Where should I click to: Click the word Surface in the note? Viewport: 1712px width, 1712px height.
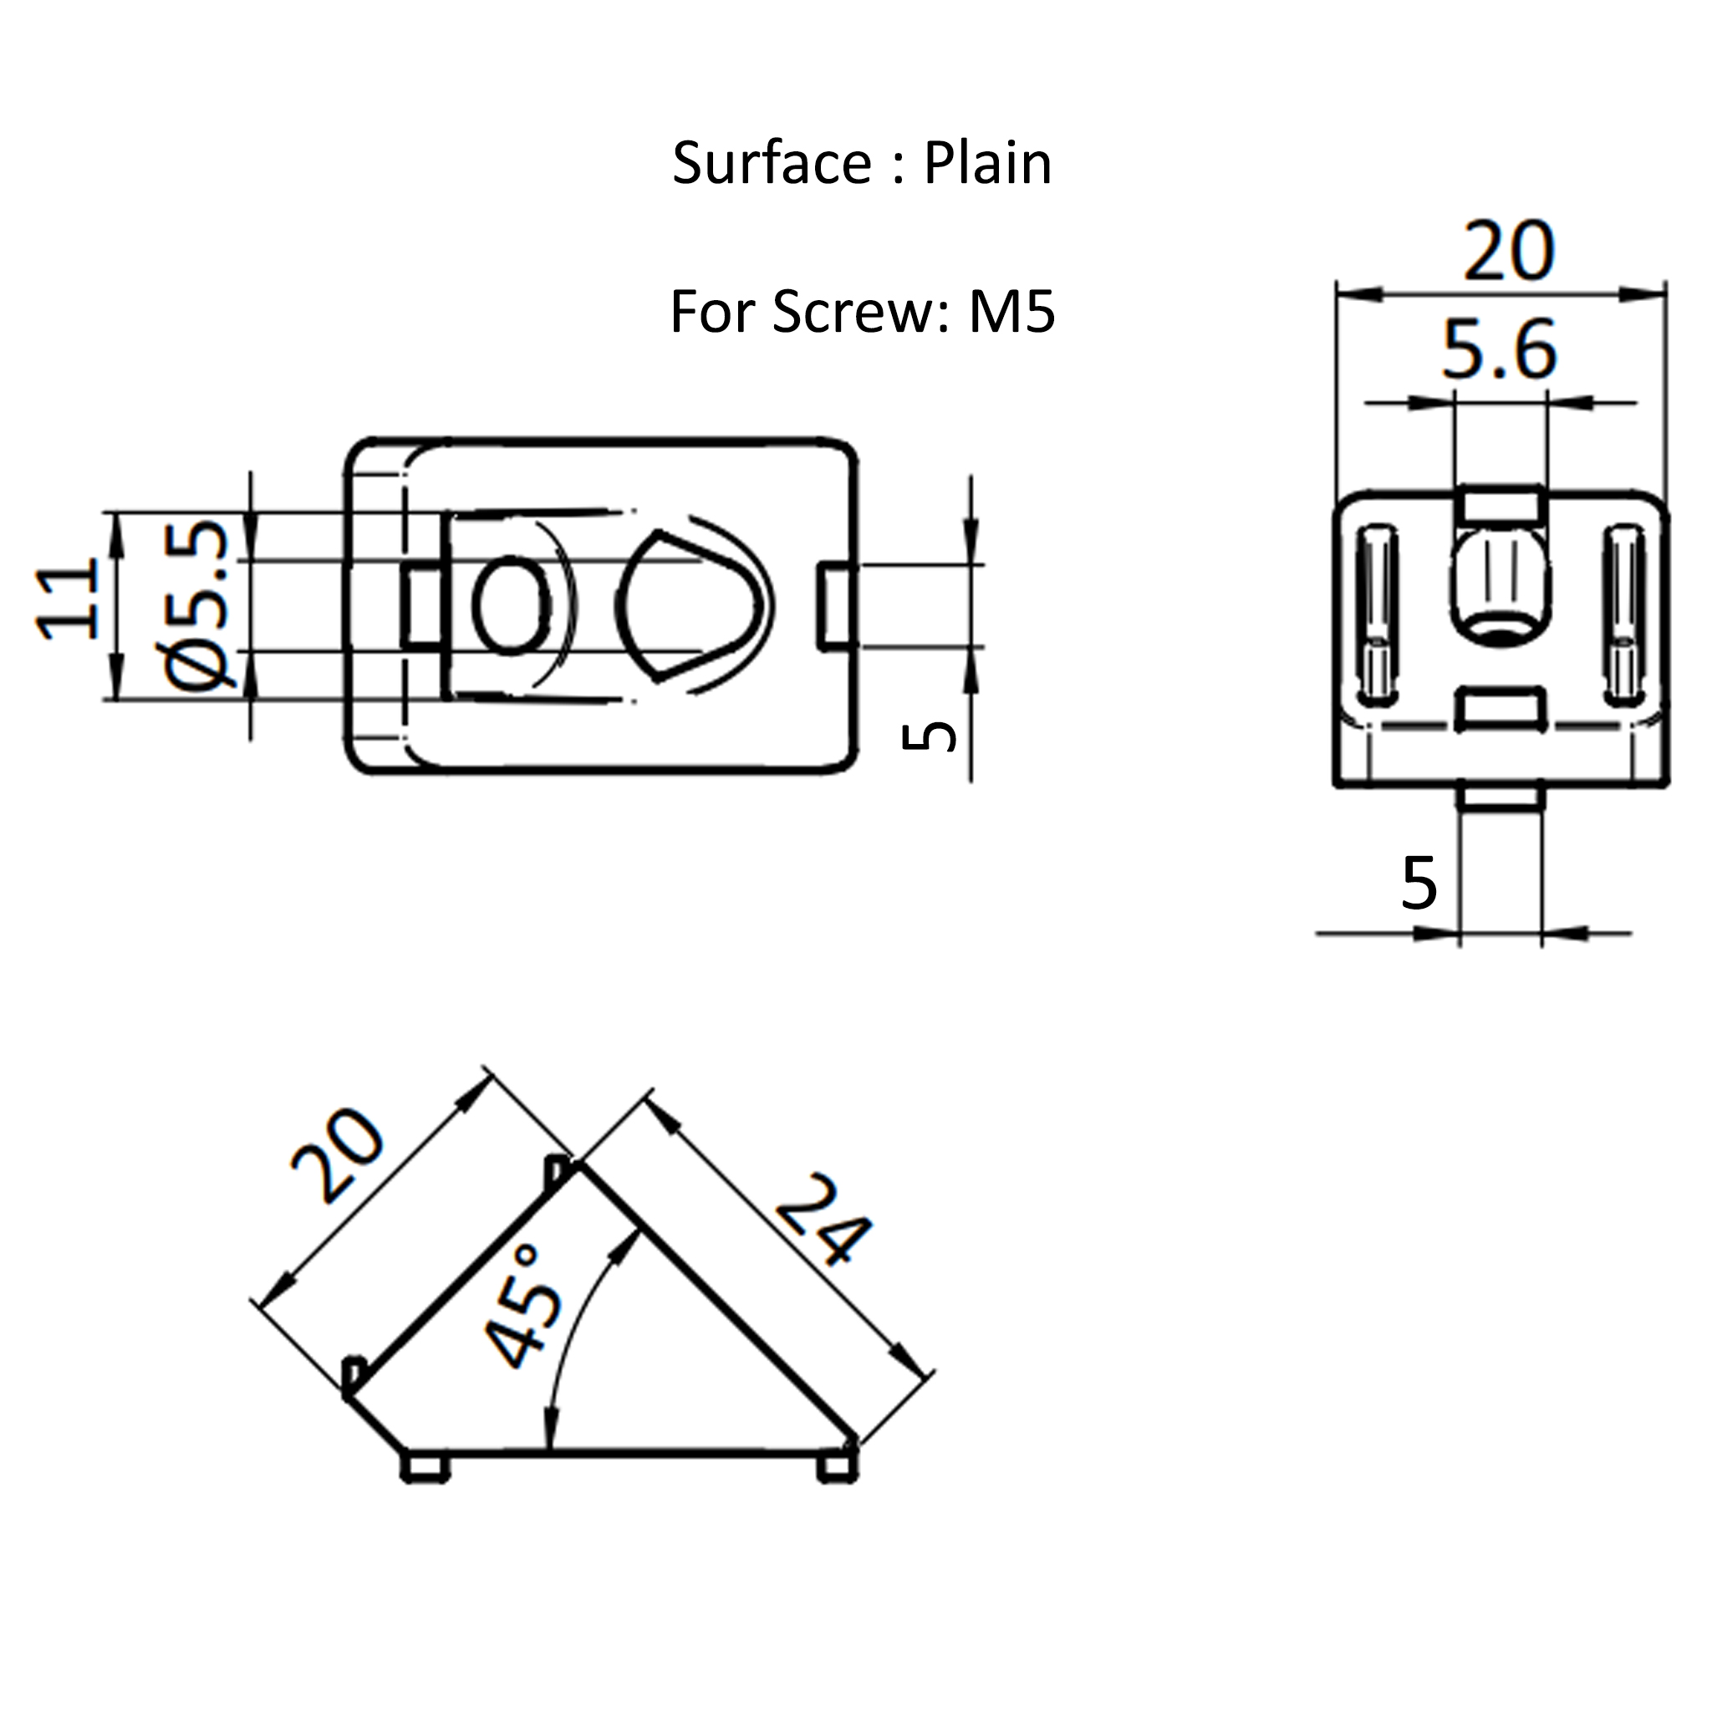pyautogui.click(x=772, y=164)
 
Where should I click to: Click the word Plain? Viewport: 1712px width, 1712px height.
pyautogui.click(x=987, y=164)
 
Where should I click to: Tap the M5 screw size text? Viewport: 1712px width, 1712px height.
pyautogui.click(x=1011, y=312)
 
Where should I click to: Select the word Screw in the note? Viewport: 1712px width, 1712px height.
pyautogui.click(x=852, y=312)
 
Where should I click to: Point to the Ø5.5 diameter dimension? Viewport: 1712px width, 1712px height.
pyautogui.click(x=196, y=605)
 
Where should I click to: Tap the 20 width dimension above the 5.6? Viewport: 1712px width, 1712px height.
pyautogui.click(x=1508, y=252)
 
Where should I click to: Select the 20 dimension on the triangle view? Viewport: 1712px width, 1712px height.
pyautogui.click(x=339, y=1155)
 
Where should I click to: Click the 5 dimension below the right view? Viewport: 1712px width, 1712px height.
pyautogui.click(x=1419, y=884)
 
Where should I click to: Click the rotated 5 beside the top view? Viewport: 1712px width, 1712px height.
pyautogui.click(x=928, y=736)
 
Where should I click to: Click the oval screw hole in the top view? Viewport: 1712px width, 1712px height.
pyautogui.click(x=511, y=605)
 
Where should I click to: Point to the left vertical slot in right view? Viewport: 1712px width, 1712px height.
pyautogui.click(x=1377, y=614)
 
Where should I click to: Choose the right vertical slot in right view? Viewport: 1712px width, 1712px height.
pyautogui.click(x=1624, y=614)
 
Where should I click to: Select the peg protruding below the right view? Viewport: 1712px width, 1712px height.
pyautogui.click(x=1501, y=798)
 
